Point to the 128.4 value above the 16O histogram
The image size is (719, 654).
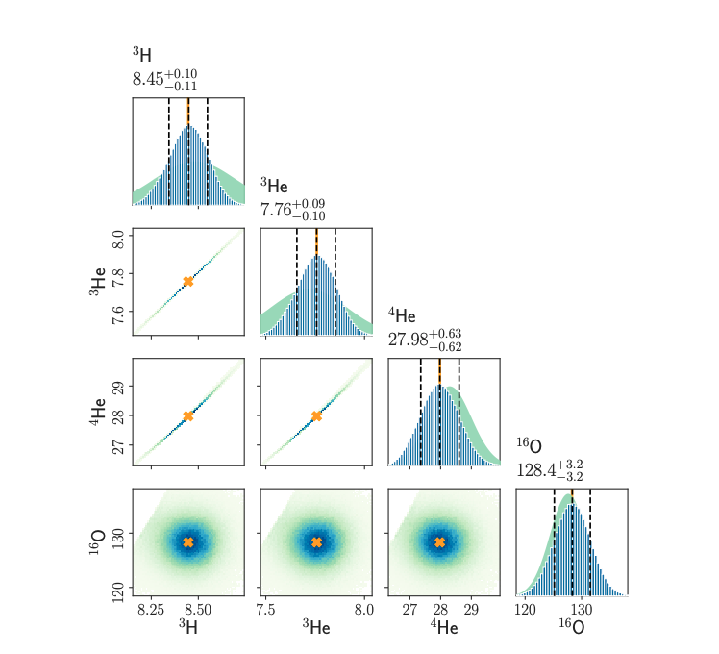click(x=536, y=470)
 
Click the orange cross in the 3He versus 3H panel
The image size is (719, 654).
click(x=188, y=281)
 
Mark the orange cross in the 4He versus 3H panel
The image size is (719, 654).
click(x=188, y=415)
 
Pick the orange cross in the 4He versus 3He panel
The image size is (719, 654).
click(x=316, y=415)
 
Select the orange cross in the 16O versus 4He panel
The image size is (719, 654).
click(x=440, y=542)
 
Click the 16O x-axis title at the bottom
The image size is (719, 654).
click(x=571, y=628)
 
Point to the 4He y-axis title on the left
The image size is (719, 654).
click(x=96, y=415)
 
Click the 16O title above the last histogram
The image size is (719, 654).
click(x=529, y=446)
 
